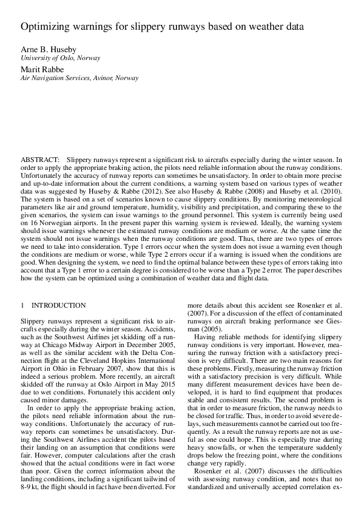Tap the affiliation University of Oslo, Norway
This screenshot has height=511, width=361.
point(60,58)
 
